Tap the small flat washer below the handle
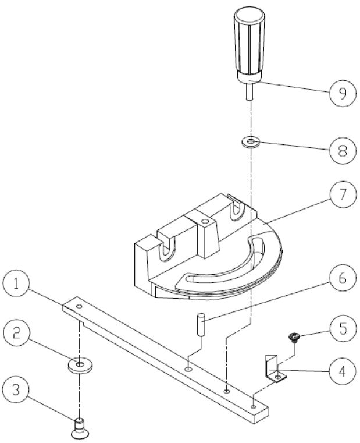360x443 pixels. pos(251,142)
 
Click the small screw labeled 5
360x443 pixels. pos(295,336)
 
